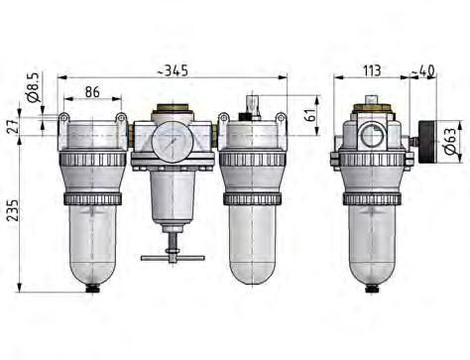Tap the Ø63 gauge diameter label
pos(449,141)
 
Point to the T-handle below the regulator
pos(172,257)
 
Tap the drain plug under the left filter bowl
pos(93,290)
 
